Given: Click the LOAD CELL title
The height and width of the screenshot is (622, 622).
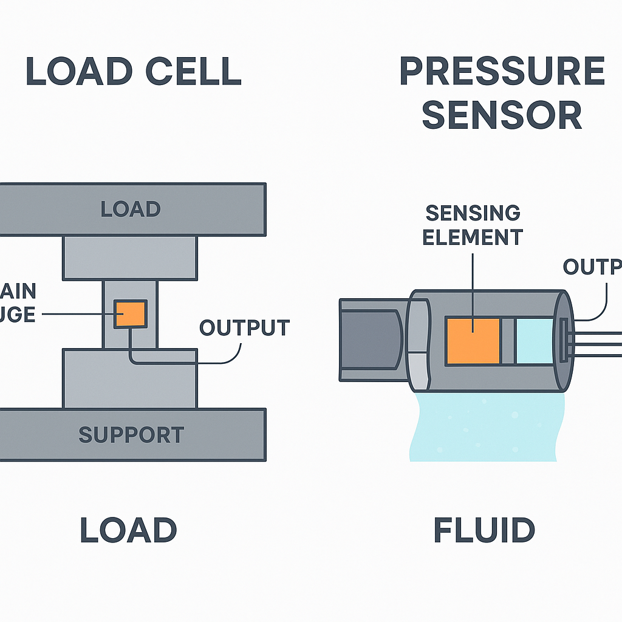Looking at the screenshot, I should click(134, 72).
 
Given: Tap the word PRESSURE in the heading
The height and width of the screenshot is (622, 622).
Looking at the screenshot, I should click(502, 72).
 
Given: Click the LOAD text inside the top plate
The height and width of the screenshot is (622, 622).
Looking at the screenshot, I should click(130, 209).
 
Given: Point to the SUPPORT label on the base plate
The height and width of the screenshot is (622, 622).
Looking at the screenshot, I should click(131, 435).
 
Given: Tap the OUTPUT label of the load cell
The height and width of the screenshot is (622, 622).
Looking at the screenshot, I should click(244, 328).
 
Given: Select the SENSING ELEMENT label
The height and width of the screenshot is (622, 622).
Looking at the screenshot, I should click(473, 225).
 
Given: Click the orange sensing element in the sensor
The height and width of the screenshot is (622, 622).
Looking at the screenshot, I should click(473, 341).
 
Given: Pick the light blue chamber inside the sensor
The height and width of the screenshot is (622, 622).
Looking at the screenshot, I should click(535, 341).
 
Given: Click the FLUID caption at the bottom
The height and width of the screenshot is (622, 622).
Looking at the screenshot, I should click(484, 530).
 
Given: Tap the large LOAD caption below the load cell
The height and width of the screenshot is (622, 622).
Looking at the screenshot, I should click(128, 530).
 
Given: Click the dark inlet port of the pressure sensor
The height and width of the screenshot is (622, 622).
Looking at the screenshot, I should click(368, 340).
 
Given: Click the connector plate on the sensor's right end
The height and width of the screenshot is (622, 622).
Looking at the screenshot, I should click(564, 340).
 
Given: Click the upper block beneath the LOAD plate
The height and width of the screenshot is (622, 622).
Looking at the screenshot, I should click(130, 258).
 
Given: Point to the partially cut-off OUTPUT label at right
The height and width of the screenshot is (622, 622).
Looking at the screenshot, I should click(592, 267).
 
